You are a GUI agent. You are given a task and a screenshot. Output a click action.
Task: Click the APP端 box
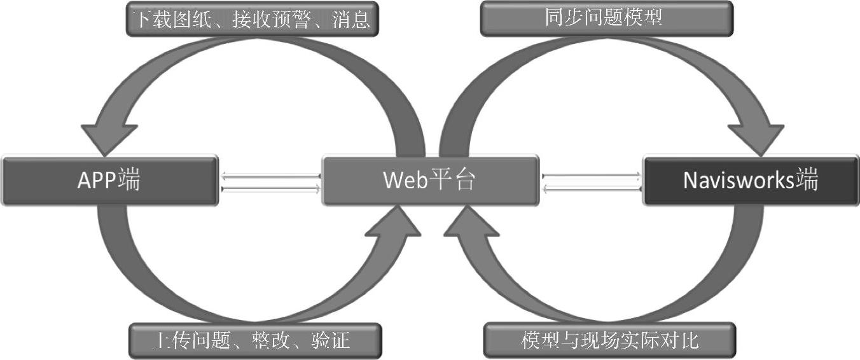(x=109, y=181)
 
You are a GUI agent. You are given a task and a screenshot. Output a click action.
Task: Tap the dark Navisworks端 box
(x=751, y=181)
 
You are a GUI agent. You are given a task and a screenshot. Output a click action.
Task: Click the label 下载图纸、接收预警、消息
(x=251, y=19)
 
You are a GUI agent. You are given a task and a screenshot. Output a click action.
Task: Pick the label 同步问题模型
(x=605, y=18)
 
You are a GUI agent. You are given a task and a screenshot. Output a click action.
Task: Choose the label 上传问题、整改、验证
(x=254, y=341)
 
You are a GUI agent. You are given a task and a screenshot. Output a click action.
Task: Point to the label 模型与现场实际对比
(x=609, y=340)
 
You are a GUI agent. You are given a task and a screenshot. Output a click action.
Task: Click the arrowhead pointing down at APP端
(x=109, y=136)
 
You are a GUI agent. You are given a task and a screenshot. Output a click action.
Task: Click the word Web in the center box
(x=405, y=181)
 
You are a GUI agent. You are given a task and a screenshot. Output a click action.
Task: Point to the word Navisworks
(x=738, y=181)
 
